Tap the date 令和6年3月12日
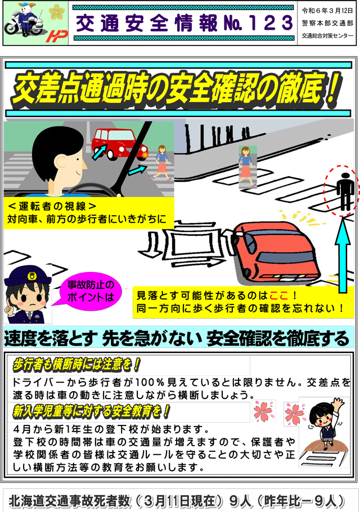(327, 11)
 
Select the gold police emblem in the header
(57, 12)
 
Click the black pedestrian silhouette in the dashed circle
(345, 191)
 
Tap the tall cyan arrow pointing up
(343, 255)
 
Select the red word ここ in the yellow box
(278, 296)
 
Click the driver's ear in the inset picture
(61, 162)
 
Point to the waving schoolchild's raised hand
(338, 402)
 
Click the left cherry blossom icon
(264, 411)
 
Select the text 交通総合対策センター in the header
(327, 36)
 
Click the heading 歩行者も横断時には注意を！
(76, 364)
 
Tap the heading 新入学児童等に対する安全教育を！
(92, 411)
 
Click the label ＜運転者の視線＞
(52, 206)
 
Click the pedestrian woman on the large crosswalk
(247, 167)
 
